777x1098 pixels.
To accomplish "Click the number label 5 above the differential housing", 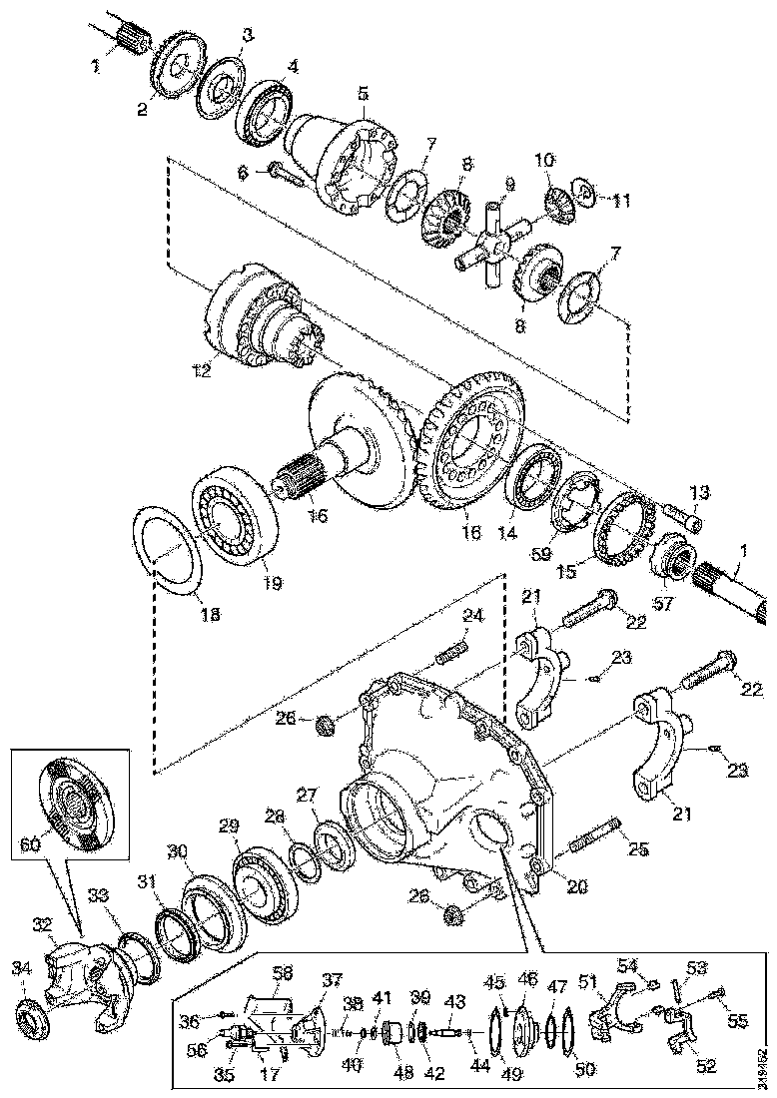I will pyautogui.click(x=364, y=93).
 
